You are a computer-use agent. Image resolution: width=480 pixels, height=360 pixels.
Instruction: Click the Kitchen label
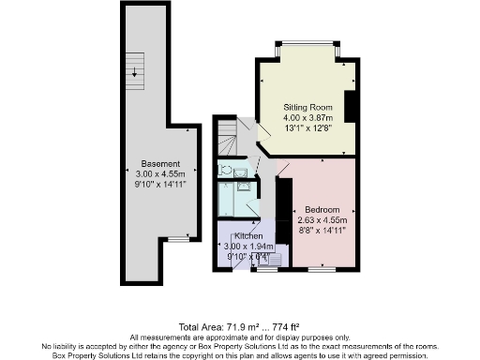248,235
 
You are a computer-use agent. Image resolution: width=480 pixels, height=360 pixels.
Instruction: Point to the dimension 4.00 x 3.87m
308,119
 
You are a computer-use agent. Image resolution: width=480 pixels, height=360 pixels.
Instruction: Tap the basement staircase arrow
136,70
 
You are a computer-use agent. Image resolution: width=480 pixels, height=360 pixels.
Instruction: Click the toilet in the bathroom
226,171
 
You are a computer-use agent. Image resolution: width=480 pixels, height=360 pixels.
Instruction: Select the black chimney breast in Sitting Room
350,107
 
